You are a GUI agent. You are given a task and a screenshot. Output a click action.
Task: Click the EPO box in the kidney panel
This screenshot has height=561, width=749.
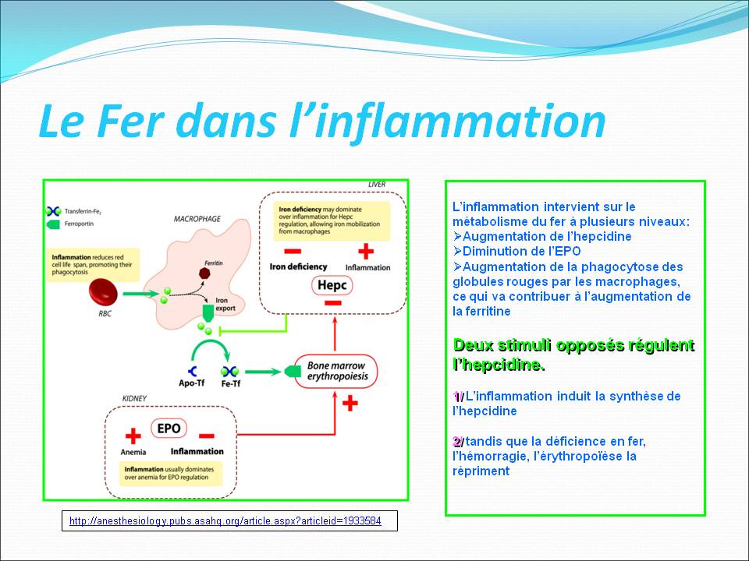169,429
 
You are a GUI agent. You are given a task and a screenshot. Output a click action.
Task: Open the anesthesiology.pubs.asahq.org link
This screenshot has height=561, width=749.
225,520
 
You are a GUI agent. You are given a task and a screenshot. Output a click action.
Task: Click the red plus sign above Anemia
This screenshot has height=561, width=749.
133,436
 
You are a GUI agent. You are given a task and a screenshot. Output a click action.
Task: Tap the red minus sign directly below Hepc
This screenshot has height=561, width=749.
332,303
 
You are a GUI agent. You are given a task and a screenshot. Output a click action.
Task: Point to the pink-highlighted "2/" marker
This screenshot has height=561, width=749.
458,442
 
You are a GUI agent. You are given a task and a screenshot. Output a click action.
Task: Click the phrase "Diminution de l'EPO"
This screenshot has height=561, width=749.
521,251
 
